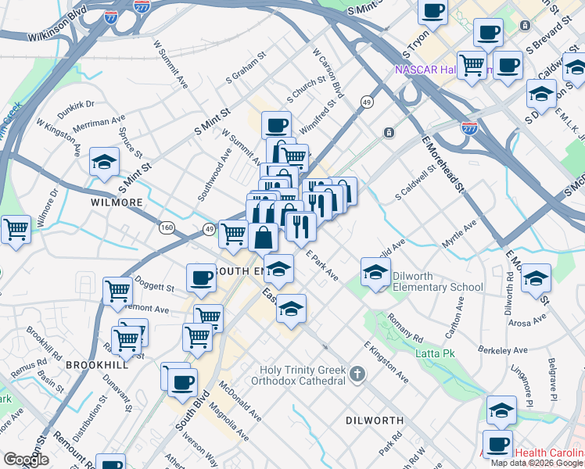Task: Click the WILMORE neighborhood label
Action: tap(116, 202)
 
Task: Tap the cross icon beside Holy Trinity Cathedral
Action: tap(358, 374)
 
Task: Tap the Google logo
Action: tap(27, 460)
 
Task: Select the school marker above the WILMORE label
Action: tap(105, 163)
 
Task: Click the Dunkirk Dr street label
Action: tap(75, 104)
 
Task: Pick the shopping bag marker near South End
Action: tap(264, 235)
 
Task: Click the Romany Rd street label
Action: tap(404, 329)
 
